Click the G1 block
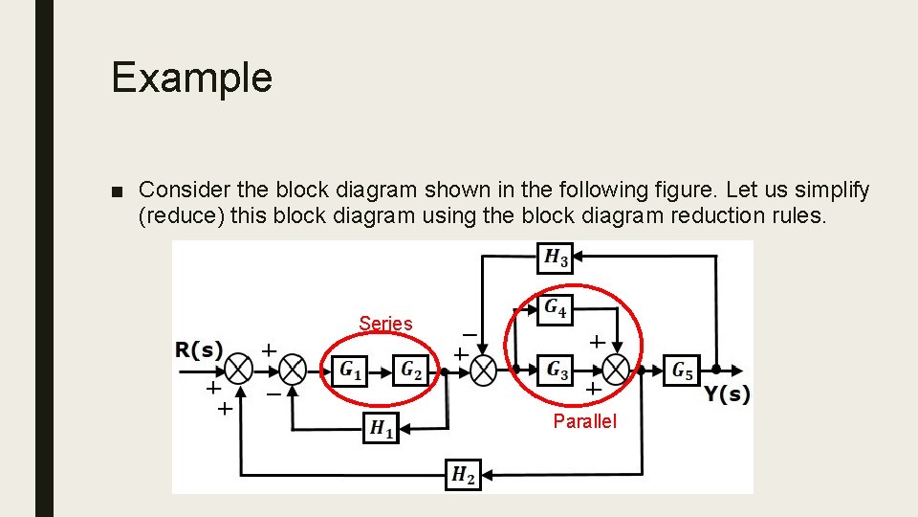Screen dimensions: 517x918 point(351,371)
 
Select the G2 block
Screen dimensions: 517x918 point(412,371)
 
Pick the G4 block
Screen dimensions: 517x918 point(554,308)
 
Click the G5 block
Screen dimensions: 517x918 point(683,371)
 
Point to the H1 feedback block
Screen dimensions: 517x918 point(381,428)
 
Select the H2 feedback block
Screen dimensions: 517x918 point(463,474)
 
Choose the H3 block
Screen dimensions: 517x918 point(555,257)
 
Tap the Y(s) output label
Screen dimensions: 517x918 point(727,393)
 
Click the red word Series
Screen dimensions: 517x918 point(385,324)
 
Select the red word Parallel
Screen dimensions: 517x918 point(584,421)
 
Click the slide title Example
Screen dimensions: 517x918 point(191,77)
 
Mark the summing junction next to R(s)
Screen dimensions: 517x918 point(238,369)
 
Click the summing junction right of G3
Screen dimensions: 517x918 point(616,370)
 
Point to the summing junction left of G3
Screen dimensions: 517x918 point(485,370)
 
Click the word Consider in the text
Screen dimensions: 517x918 point(177,190)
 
